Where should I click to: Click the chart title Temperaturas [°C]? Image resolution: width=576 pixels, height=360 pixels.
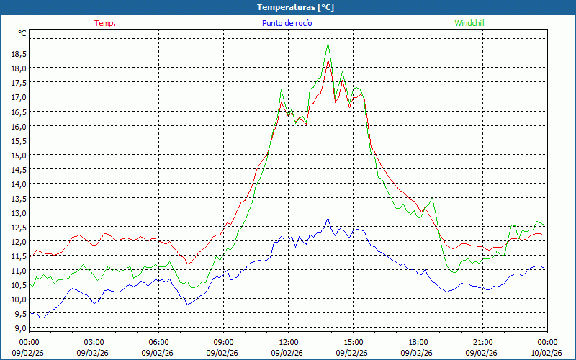(x=296, y=6)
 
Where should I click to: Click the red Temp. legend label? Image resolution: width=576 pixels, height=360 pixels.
(x=105, y=23)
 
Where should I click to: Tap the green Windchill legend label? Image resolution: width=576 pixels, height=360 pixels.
(x=469, y=23)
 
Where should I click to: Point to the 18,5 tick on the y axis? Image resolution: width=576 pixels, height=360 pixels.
(x=19, y=53)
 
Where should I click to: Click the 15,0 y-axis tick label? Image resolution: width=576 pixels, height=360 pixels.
(x=19, y=155)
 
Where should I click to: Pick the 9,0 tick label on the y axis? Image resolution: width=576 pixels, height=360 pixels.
(x=21, y=328)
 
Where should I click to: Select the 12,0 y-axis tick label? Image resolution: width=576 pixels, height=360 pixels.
(x=19, y=241)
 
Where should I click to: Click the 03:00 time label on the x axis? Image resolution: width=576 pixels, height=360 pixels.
(x=94, y=342)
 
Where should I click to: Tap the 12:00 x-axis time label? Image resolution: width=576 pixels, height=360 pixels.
(x=288, y=342)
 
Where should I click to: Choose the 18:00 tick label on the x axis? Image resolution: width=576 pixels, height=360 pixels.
(x=418, y=342)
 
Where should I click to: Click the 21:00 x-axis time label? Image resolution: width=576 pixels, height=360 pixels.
(x=482, y=342)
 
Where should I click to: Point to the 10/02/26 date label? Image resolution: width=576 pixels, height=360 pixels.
(x=546, y=353)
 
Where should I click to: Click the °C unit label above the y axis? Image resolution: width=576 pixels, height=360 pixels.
(x=22, y=33)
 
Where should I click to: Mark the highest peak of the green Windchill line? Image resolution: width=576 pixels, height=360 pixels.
(x=328, y=44)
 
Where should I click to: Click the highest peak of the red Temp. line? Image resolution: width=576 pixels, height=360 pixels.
(x=328, y=61)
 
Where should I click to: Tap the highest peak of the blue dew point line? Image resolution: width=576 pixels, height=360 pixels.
(x=328, y=218)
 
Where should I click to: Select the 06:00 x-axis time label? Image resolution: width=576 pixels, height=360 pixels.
(x=158, y=342)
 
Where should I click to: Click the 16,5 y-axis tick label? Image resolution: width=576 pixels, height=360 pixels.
(x=19, y=112)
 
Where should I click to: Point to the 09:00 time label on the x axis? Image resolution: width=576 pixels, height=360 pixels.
(x=223, y=342)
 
